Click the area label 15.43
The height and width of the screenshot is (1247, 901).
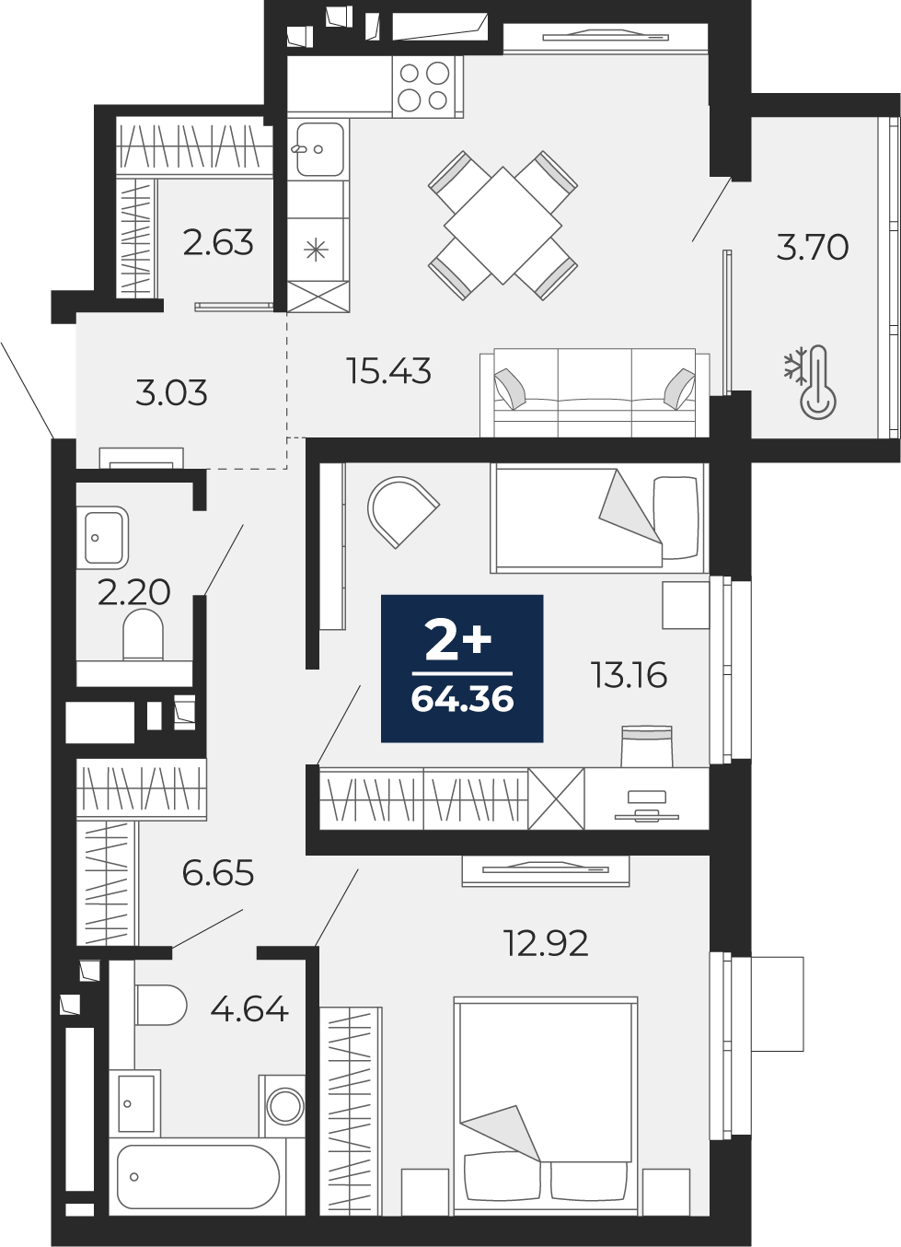tap(388, 371)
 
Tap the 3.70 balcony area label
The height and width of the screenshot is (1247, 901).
tap(812, 248)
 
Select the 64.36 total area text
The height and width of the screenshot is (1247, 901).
tap(462, 700)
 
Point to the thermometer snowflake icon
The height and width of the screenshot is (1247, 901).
tap(810, 380)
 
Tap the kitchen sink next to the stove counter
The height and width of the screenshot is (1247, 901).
tap(319, 149)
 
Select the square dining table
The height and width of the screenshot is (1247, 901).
tap(502, 225)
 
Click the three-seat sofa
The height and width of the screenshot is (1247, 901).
tap(595, 392)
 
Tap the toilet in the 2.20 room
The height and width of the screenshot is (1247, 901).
tap(143, 634)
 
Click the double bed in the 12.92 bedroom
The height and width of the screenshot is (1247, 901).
tap(546, 1105)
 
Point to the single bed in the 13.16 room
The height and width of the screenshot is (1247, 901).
tap(597, 519)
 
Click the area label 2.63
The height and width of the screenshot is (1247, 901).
tap(218, 242)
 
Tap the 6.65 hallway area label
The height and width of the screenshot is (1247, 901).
tap(218, 872)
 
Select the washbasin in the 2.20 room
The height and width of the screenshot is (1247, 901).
tap(106, 538)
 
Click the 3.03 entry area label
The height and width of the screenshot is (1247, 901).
tap(171, 392)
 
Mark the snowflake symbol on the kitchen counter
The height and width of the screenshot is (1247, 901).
tap(316, 249)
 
